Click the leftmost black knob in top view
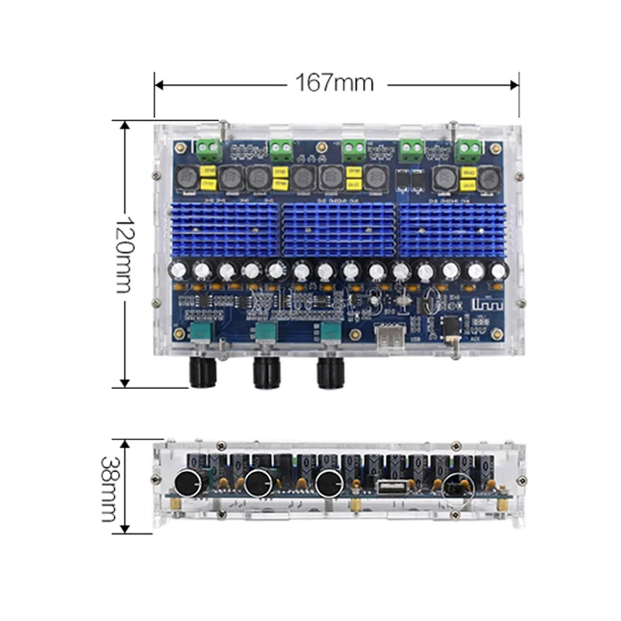(x=205, y=374)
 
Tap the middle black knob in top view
(x=269, y=374)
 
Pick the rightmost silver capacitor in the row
(x=498, y=270)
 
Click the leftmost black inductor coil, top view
(x=186, y=178)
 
